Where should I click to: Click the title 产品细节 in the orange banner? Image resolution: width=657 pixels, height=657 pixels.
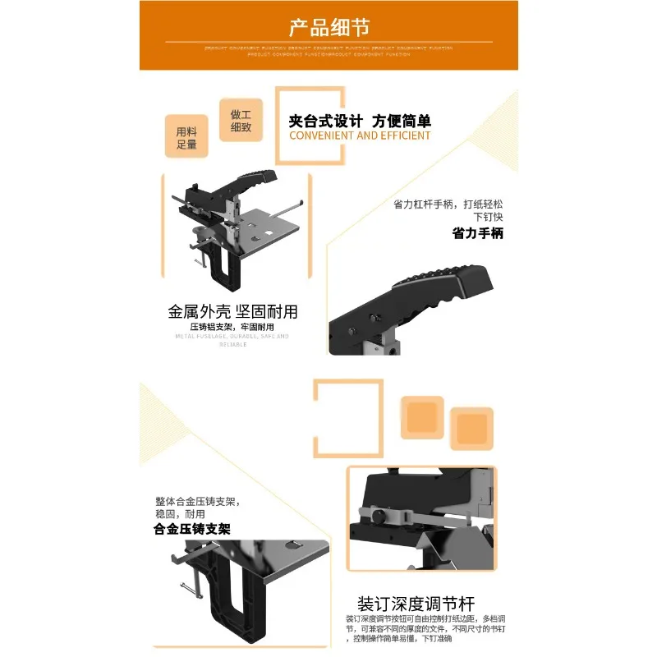point(328,26)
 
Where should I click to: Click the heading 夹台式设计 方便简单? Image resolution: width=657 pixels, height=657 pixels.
point(360,121)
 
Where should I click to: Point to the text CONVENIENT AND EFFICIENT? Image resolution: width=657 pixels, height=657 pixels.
point(360,136)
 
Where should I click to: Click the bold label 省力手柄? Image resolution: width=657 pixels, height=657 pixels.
point(477,233)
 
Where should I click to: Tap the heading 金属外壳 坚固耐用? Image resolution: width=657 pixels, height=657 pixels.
point(232,312)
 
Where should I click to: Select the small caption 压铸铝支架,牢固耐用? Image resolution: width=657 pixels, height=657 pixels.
point(232,326)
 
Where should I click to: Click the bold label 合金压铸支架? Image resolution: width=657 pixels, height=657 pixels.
point(192,530)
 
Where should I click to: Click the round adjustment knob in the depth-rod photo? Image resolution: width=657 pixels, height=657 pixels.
point(380,517)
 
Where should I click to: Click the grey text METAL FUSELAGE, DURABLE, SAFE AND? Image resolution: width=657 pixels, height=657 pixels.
point(232,336)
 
